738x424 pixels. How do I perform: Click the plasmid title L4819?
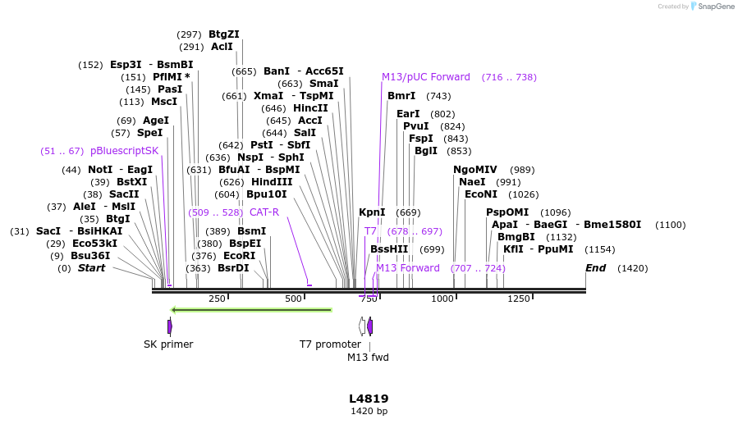tap(369, 399)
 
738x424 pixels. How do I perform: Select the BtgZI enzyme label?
tap(223, 34)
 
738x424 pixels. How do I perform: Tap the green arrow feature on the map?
tap(251, 310)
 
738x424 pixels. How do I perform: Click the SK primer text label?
tap(168, 344)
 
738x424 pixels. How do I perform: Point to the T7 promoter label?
tap(330, 344)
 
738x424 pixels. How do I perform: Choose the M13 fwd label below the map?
tap(368, 358)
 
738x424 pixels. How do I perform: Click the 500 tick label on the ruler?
tap(293, 299)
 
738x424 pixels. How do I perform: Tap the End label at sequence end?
tap(595, 268)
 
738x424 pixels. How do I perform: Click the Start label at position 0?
tap(91, 268)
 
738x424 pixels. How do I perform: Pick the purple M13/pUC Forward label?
tap(425, 77)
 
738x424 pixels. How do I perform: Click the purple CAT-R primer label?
tap(264, 212)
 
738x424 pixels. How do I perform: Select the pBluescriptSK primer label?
tap(124, 151)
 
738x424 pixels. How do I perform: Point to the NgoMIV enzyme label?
tap(475, 170)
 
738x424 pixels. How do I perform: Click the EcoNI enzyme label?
tap(481, 194)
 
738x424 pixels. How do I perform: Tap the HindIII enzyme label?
tap(271, 182)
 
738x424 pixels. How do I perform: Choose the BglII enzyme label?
tap(426, 151)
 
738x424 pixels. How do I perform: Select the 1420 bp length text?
tap(369, 411)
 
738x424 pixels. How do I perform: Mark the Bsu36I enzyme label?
tap(90, 256)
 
